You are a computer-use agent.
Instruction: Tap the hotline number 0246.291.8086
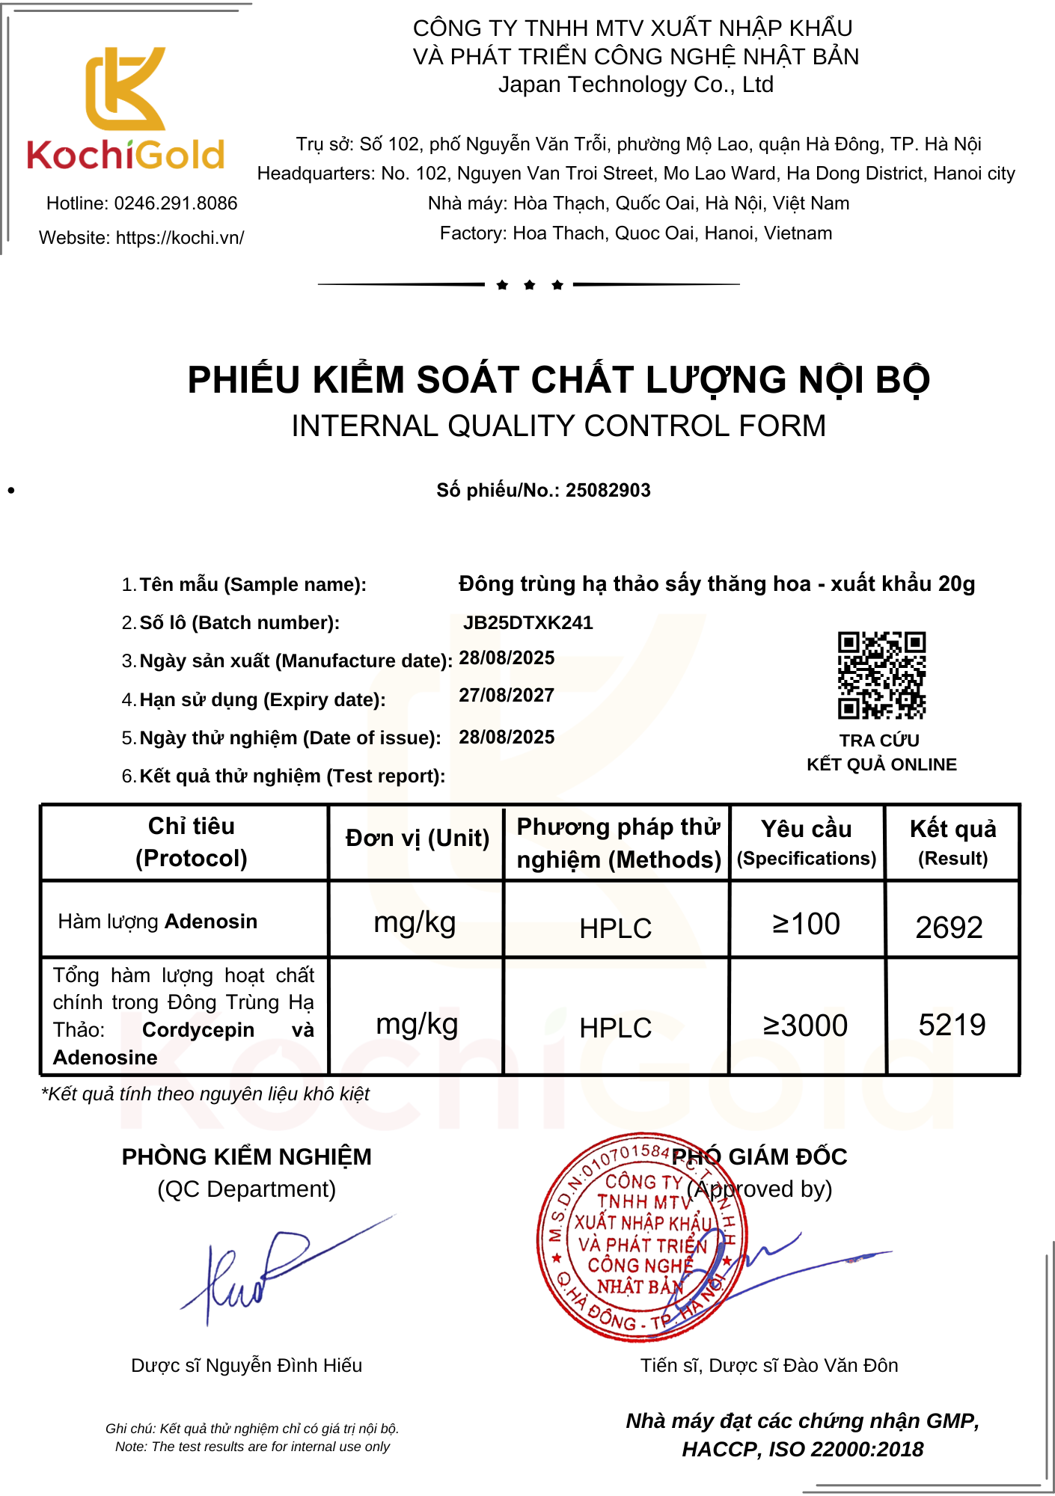click(x=175, y=203)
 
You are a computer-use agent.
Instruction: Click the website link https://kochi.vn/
click(x=180, y=238)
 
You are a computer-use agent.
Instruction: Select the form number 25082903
click(x=608, y=491)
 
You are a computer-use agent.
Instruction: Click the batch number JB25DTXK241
click(x=527, y=623)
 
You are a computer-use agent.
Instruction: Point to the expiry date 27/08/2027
click(x=507, y=696)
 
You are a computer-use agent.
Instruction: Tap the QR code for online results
click(x=881, y=675)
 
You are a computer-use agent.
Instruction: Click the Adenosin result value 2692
click(x=949, y=928)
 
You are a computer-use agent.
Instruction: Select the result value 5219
click(x=952, y=1025)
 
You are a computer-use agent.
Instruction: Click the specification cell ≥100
click(x=806, y=925)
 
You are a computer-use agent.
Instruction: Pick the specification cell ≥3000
click(x=805, y=1026)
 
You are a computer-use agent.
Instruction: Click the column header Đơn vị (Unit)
click(x=417, y=839)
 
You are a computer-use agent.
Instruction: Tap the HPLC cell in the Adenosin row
click(x=615, y=928)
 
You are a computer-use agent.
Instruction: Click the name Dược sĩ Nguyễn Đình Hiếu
click(x=246, y=1366)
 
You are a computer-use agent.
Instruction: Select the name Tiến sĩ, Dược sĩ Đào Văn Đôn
click(x=768, y=1366)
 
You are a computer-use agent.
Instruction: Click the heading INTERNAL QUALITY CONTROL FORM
click(x=558, y=426)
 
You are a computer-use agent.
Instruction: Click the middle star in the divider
click(x=530, y=285)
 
